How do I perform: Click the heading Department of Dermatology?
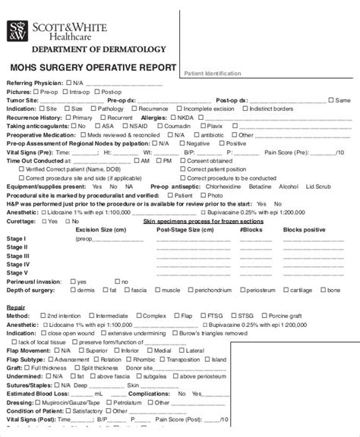pyautogui.click(x=90, y=49)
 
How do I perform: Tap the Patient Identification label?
pyautogui.click(x=213, y=74)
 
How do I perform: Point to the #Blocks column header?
pyautogui.click(x=251, y=228)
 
